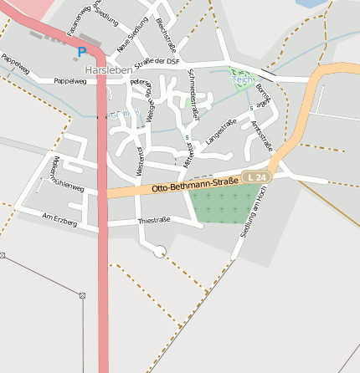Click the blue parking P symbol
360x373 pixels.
coord(81,52)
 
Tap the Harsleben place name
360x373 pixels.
coord(109,70)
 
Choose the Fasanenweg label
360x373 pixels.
coord(79,20)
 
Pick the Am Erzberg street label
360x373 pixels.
coord(59,220)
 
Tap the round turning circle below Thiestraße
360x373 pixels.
coord(160,250)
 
